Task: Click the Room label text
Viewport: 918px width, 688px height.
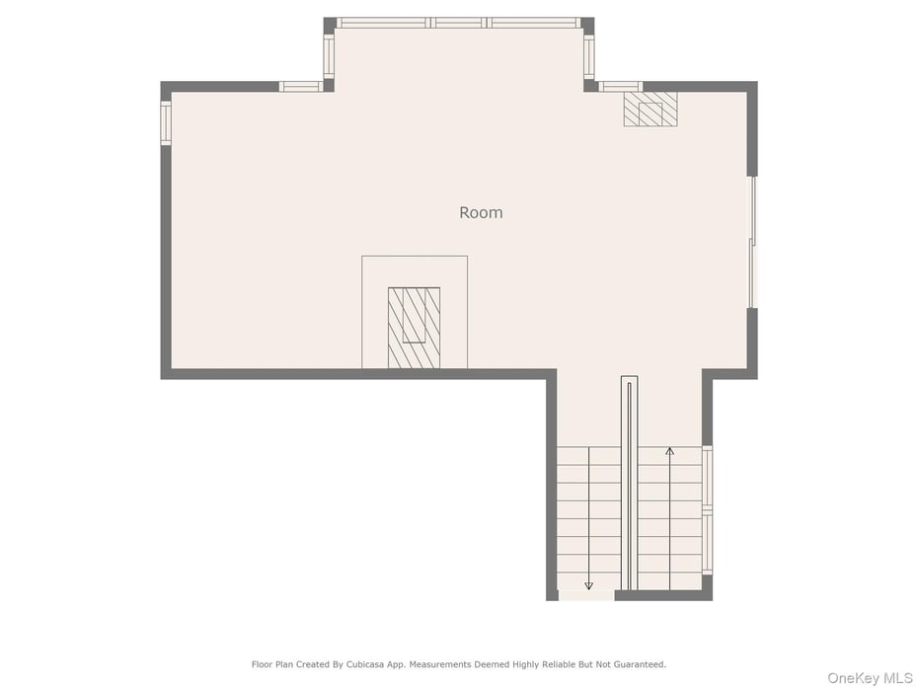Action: tap(481, 212)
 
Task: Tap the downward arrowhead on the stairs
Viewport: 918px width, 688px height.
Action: tap(589, 585)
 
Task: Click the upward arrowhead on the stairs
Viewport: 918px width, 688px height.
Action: tap(670, 451)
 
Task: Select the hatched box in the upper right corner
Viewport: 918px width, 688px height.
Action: tap(650, 109)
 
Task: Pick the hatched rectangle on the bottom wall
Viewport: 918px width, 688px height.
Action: tap(414, 328)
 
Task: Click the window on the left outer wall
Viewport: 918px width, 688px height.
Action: tap(166, 123)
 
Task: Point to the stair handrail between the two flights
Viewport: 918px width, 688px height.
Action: tap(630, 483)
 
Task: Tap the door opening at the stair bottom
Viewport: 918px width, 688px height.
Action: tap(586, 595)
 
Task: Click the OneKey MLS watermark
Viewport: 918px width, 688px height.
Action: tap(870, 678)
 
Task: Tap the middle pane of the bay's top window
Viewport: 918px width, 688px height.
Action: tap(459, 23)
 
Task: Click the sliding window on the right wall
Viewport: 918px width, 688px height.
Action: tap(753, 242)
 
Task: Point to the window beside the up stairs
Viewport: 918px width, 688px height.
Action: tap(707, 510)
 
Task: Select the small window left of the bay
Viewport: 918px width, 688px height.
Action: tap(301, 87)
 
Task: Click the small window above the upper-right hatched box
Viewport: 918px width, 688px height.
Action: tap(621, 87)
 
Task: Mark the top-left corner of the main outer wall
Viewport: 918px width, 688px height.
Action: tap(161, 81)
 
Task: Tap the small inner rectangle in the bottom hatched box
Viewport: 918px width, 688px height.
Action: tap(414, 315)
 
